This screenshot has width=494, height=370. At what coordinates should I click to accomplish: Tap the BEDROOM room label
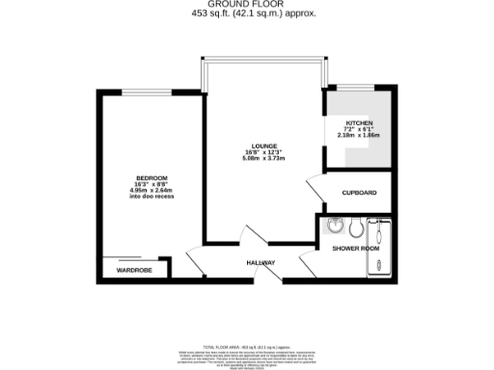(151, 178)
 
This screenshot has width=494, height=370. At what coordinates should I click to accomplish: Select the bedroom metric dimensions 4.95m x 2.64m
(151, 191)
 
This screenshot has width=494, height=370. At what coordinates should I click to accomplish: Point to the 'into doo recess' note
(151, 198)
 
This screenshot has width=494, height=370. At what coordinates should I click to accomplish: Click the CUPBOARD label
(360, 193)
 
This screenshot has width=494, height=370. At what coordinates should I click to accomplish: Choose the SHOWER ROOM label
(356, 249)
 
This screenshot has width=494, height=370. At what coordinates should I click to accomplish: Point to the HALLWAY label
(261, 263)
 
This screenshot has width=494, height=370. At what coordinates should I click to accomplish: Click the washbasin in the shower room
(335, 227)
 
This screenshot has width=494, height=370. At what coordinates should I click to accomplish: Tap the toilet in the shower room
(355, 229)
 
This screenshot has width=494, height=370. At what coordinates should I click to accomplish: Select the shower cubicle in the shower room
(378, 230)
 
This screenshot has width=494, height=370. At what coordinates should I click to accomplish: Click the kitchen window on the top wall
(357, 89)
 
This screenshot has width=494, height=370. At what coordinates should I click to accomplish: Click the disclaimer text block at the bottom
(247, 352)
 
